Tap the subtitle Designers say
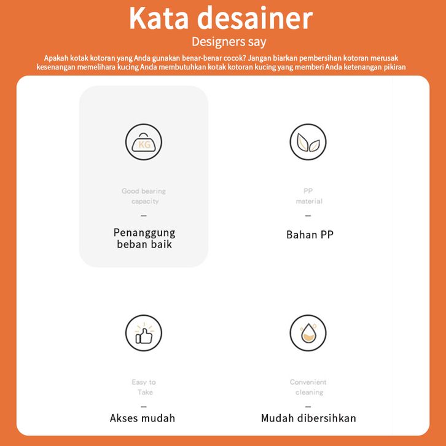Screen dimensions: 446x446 click(229, 42)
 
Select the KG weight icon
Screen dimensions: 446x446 click(144, 142)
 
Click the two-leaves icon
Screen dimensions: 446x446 click(308, 142)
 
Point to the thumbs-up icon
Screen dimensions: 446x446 click(144, 334)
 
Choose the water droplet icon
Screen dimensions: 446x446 click(308, 334)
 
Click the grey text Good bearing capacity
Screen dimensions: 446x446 click(144, 196)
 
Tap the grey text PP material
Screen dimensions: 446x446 click(308, 196)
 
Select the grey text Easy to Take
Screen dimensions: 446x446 click(144, 387)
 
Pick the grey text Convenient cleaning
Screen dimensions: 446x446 click(308, 387)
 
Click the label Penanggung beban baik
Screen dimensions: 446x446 click(144, 238)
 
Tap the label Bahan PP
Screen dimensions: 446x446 click(310, 235)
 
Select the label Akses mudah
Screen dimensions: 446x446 click(143, 418)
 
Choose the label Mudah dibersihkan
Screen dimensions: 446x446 click(308, 418)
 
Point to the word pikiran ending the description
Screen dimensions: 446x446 click(392, 67)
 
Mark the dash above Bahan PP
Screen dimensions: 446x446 click(308, 216)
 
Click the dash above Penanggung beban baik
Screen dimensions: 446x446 click(144, 216)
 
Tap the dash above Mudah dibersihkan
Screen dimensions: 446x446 click(308, 407)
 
